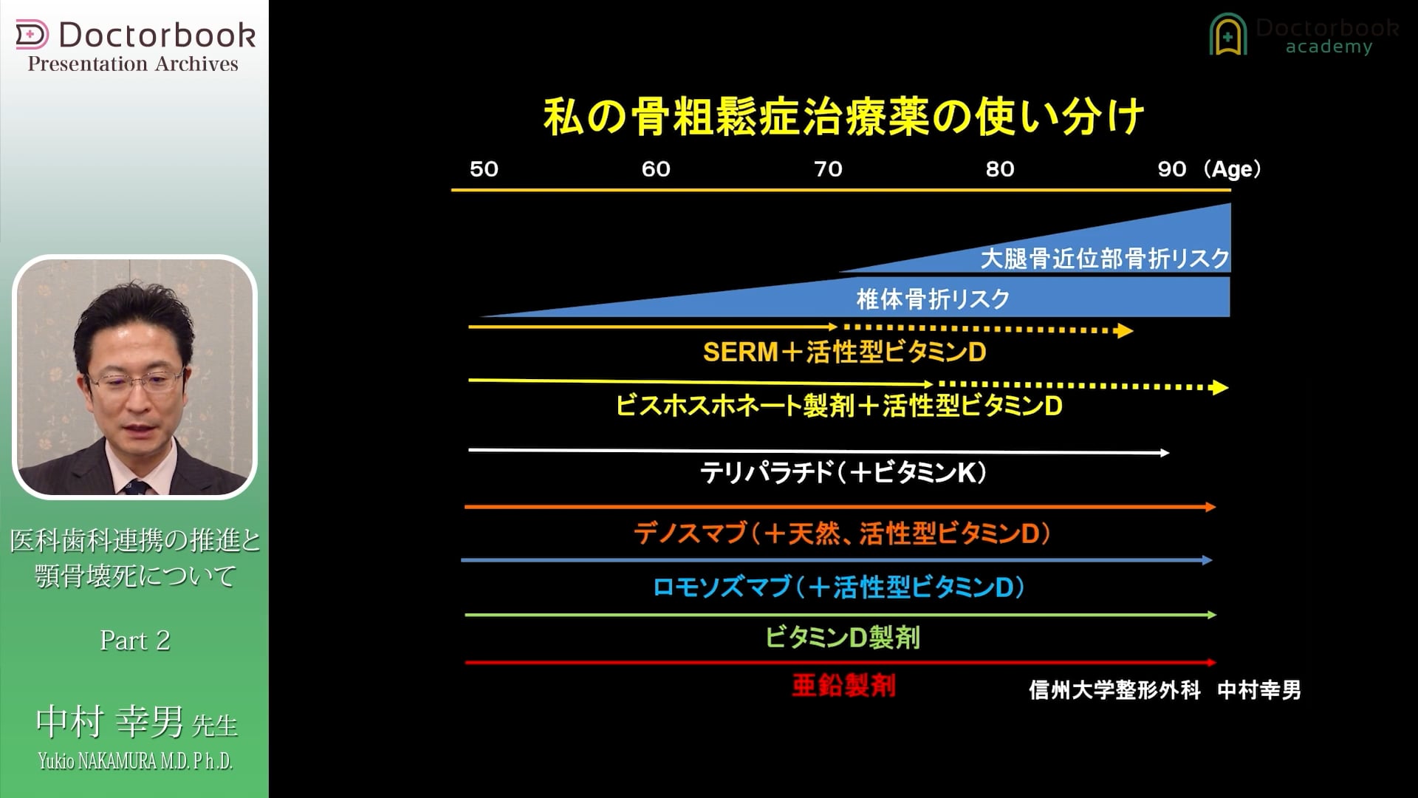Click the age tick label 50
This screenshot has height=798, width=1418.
(x=484, y=169)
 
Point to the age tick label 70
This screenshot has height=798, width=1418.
(x=828, y=169)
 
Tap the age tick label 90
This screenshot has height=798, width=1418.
(x=1171, y=169)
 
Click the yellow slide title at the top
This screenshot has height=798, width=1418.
(x=843, y=117)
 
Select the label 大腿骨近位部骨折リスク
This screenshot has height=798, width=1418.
(x=1104, y=259)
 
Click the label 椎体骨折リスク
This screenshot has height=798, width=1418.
(x=933, y=299)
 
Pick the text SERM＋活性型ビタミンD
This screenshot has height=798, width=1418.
(x=844, y=352)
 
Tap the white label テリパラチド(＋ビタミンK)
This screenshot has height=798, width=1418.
(x=843, y=473)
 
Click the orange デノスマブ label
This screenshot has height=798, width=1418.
(x=842, y=533)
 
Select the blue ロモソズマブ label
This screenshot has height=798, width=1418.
(x=839, y=587)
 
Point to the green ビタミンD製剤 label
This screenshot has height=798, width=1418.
(x=842, y=638)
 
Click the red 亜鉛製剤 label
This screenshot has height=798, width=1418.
(x=843, y=686)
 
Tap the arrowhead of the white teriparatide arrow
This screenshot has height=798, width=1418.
(x=1165, y=453)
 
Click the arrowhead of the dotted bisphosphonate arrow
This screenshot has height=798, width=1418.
(x=1220, y=387)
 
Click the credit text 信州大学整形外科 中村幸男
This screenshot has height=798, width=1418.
(x=1165, y=691)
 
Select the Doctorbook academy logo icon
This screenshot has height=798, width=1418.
(x=1227, y=35)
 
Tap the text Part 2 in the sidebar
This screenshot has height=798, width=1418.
(x=135, y=641)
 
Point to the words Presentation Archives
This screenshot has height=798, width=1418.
(x=133, y=64)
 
